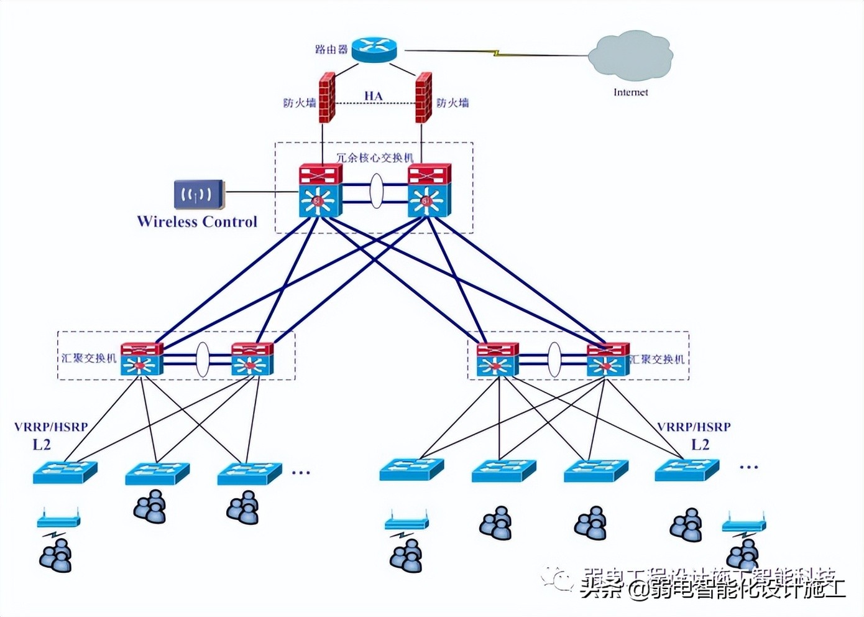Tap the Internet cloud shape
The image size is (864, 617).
(631, 55)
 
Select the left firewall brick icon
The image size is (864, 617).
(327, 98)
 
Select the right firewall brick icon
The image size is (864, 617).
(424, 98)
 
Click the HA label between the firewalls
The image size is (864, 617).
(373, 96)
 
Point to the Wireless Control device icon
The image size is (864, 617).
(198, 195)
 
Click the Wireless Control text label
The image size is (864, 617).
(197, 222)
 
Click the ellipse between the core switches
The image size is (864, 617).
(376, 191)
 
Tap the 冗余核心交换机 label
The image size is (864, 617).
(374, 157)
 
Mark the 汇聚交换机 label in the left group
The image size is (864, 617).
(88, 358)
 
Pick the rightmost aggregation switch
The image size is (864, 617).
(607, 360)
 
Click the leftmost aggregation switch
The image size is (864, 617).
(142, 360)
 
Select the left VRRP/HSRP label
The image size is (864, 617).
(51, 427)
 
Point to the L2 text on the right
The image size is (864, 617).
(700, 444)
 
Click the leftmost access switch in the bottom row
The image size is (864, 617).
(65, 472)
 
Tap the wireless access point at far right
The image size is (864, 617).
(743, 524)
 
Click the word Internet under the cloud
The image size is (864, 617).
(630, 92)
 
